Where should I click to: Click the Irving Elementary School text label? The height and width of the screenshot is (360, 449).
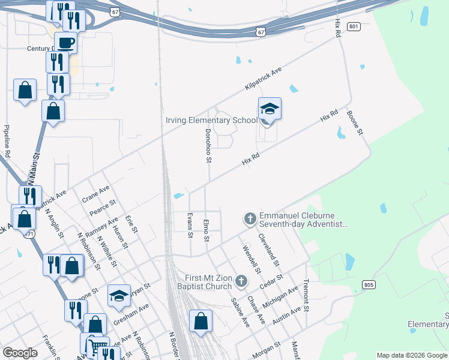point(211,120)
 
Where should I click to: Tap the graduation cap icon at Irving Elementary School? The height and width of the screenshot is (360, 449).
point(270,109)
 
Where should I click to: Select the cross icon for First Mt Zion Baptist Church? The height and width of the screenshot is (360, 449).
point(241,281)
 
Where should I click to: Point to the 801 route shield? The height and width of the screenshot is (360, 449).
point(354,27)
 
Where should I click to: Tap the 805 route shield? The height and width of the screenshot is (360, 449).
point(369,285)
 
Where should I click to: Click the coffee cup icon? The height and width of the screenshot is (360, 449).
point(68,43)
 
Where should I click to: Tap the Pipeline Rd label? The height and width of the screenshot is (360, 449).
point(7,141)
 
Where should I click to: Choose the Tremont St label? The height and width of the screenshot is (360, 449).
point(306,296)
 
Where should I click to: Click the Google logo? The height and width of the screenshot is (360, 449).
point(20,353)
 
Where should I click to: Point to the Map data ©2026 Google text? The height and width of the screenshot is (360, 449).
point(411,355)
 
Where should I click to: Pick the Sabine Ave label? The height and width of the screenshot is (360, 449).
point(240,313)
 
